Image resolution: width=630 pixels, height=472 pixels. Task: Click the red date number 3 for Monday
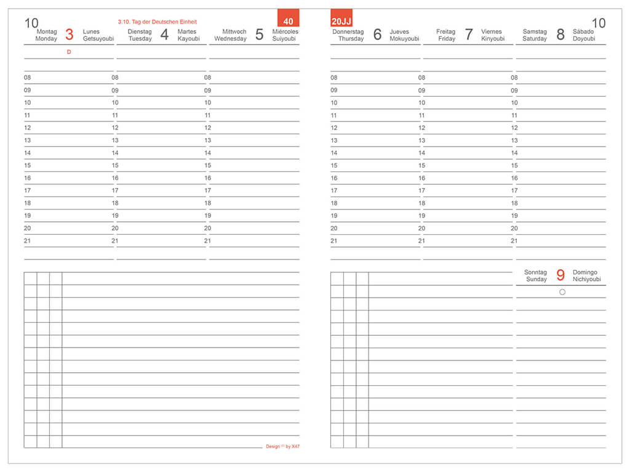click(69, 35)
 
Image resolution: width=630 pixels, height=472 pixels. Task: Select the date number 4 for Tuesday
click(164, 35)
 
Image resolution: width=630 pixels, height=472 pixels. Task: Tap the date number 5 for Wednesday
click(259, 35)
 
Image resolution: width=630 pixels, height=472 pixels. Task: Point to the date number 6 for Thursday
click(377, 35)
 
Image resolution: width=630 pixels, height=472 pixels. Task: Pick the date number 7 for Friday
click(469, 35)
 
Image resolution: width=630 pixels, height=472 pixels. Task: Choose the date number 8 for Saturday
click(560, 35)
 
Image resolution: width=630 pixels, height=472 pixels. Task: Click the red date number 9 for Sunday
click(560, 275)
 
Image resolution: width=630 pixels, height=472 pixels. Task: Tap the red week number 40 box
click(288, 18)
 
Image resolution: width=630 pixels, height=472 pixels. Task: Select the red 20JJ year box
click(341, 18)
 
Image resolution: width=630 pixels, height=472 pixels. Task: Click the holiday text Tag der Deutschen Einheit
click(157, 22)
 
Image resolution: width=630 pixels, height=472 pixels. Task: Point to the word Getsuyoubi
click(98, 39)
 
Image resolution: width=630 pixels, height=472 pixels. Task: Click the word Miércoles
click(285, 31)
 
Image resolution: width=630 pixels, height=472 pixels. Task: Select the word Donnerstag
click(348, 31)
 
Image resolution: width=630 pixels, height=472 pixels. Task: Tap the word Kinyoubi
click(493, 39)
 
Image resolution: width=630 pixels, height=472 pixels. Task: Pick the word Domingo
click(585, 272)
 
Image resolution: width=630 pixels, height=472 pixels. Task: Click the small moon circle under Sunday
click(562, 292)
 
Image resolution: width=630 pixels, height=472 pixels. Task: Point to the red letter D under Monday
click(69, 52)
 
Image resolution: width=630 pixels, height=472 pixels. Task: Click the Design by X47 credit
click(282, 446)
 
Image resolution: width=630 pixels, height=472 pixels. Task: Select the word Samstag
click(535, 31)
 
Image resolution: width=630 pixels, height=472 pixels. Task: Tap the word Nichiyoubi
click(587, 279)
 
